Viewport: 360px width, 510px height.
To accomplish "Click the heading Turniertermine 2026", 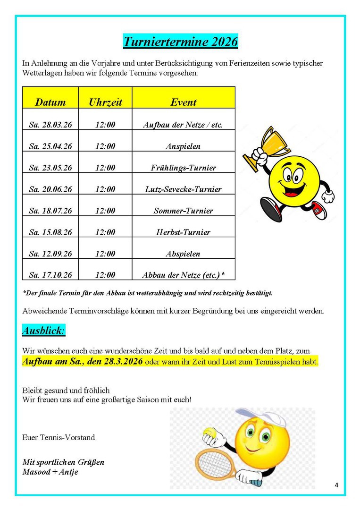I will click(x=180, y=42).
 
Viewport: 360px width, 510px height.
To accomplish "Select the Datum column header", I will click(x=50, y=102).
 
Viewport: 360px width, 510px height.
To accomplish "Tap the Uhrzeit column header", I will click(x=105, y=102).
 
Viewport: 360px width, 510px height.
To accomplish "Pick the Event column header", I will click(x=183, y=102).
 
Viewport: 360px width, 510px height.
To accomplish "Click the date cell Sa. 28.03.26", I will click(x=50, y=125).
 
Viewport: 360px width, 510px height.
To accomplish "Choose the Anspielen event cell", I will click(x=183, y=146).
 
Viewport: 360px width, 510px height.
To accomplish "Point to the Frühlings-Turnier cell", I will click(x=183, y=168).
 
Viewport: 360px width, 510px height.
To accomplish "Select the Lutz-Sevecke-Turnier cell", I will click(x=183, y=189).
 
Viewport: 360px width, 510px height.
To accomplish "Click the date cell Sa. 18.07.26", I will click(x=50, y=211).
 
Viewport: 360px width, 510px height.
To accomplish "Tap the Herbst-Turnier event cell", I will click(x=183, y=232).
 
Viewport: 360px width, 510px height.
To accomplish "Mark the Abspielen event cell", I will click(x=183, y=254).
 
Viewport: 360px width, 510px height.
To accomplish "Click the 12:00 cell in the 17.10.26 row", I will click(x=105, y=275).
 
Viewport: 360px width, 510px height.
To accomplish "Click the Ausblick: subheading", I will click(x=44, y=331).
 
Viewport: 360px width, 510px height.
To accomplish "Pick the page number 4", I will click(x=336, y=485).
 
